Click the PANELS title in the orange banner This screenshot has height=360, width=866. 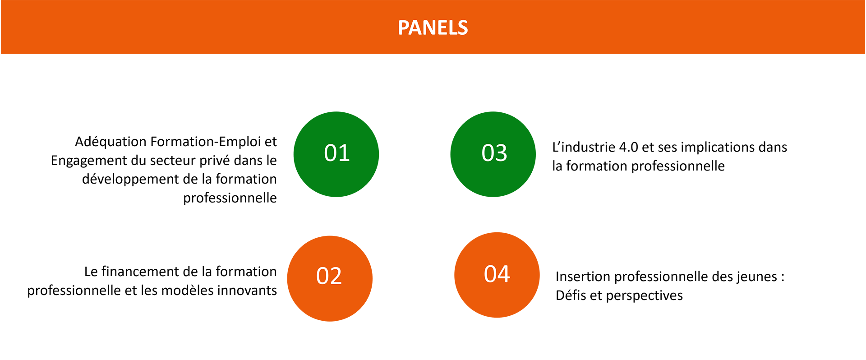pyautogui.click(x=433, y=28)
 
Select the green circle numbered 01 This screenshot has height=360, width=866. pyautogui.click(x=336, y=154)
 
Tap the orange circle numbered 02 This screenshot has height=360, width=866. pyautogui.click(x=330, y=278)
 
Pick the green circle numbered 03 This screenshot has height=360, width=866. pyautogui.click(x=493, y=154)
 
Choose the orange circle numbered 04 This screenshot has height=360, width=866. pyautogui.click(x=497, y=275)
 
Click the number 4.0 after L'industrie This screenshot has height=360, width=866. pyautogui.click(x=629, y=148)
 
